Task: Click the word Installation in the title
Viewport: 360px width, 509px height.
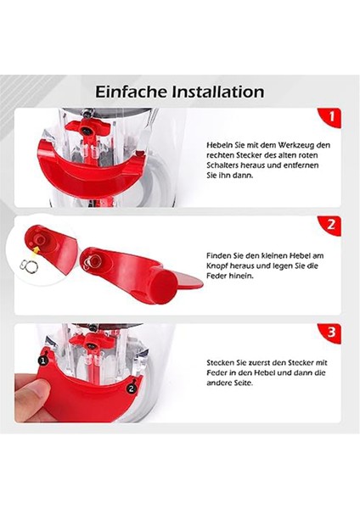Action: tap(218, 91)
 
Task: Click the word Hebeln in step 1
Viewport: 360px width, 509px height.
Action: tap(219, 146)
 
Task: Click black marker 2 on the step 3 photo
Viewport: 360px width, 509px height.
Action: tap(130, 389)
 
